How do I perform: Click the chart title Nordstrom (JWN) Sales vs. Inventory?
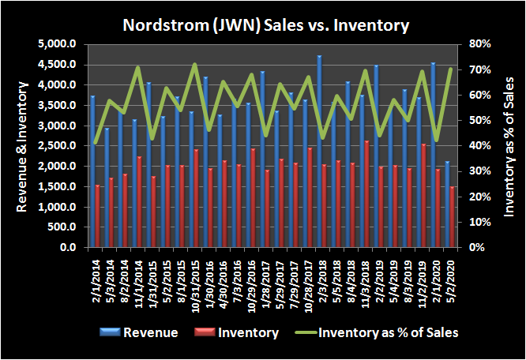(266, 25)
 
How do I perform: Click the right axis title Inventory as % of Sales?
(509, 146)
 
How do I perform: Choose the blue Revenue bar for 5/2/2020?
(448, 205)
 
